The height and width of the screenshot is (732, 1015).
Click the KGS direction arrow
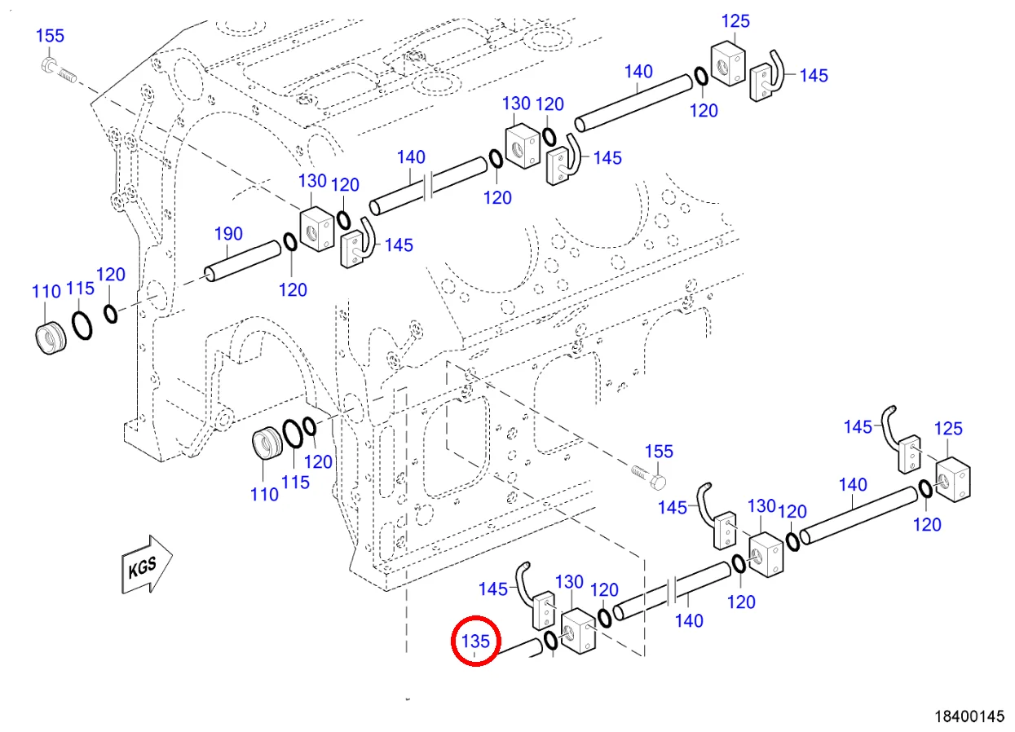147,565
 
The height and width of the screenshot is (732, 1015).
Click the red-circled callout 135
476,641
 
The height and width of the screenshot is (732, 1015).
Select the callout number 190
228,234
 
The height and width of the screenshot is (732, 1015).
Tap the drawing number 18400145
969,717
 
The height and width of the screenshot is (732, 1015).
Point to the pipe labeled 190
243,261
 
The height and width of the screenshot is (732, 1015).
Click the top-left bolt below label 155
59,70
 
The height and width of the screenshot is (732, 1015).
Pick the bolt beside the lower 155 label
648,477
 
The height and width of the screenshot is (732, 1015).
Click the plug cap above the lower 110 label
267,443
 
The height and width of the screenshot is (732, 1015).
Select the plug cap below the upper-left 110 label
51,338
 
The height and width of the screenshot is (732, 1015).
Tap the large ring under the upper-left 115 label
82,325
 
